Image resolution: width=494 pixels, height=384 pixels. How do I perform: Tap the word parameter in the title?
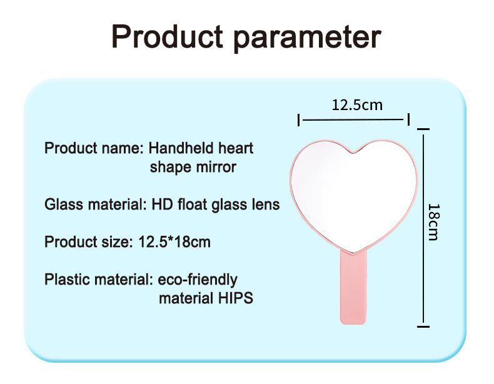(306, 38)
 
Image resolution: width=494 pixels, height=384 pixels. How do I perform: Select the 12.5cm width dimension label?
(356, 104)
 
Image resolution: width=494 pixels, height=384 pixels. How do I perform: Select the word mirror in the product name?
(216, 167)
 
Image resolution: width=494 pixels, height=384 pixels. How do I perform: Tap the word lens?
(265, 205)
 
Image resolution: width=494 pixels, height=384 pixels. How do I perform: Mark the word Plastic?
(66, 280)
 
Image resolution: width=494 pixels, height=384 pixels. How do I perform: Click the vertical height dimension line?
(424, 228)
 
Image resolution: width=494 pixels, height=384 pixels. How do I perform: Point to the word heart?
(236, 148)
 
